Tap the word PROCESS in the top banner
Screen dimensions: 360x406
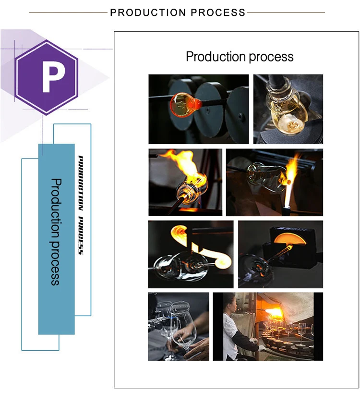[x=216, y=13]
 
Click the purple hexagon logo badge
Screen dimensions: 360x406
[x=46, y=77]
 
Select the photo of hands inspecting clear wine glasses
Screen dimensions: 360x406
[x=179, y=326]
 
